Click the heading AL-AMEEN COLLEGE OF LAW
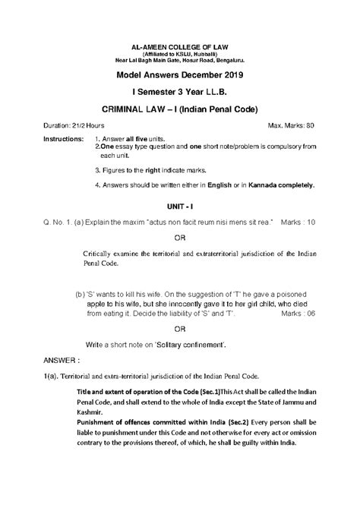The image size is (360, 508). (180, 47)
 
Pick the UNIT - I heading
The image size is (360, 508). (180, 207)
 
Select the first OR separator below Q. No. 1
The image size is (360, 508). (180, 237)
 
